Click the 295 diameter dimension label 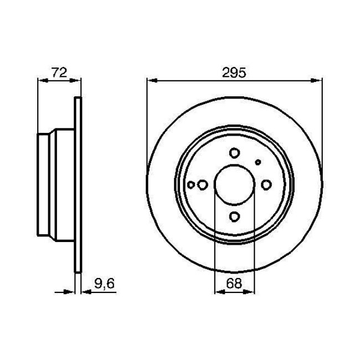(x=234, y=71)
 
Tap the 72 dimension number (x=59, y=71)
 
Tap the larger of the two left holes (x=202, y=184)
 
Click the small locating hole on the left (x=192, y=184)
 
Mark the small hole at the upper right (x=257, y=162)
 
